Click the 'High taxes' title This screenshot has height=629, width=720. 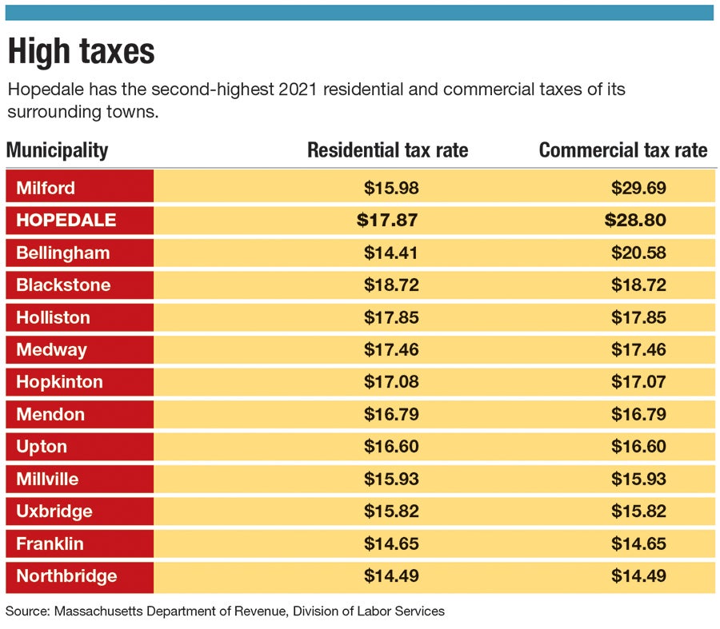pyautogui.click(x=81, y=52)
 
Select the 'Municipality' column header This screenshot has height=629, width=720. pyautogui.click(x=57, y=150)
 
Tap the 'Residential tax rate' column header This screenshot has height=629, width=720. pyautogui.click(x=387, y=150)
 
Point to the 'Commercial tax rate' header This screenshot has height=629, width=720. pyautogui.click(x=623, y=150)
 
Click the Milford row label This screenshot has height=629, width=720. pyautogui.click(x=46, y=188)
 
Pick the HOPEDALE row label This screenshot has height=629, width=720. pyautogui.click(x=66, y=220)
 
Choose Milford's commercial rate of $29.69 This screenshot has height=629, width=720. pyautogui.click(x=638, y=188)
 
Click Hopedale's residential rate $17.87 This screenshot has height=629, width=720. pyautogui.click(x=387, y=220)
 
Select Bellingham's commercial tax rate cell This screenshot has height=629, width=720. pyautogui.click(x=638, y=253)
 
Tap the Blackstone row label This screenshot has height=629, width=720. pyautogui.click(x=63, y=285)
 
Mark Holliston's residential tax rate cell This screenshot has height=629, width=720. pyautogui.click(x=391, y=317)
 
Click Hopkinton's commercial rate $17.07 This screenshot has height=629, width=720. pyautogui.click(x=638, y=382)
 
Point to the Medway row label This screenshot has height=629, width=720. pyautogui.click(x=52, y=349)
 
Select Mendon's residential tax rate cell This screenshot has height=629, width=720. pyautogui.click(x=391, y=414)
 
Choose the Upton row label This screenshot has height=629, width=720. pyautogui.click(x=42, y=447)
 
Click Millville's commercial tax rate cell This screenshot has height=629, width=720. pyautogui.click(x=638, y=479)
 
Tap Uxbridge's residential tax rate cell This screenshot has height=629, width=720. pyautogui.click(x=391, y=512)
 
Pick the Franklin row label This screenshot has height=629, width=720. pyautogui.click(x=50, y=543)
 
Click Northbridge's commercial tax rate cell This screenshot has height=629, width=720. pyautogui.click(x=638, y=576)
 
